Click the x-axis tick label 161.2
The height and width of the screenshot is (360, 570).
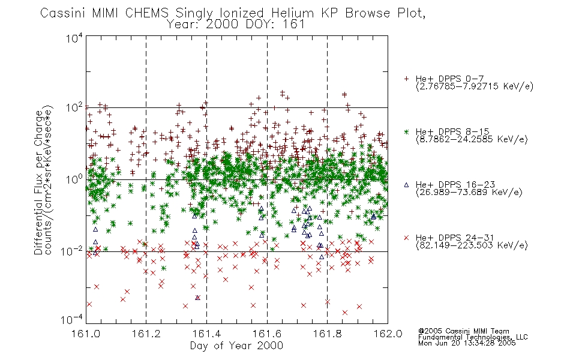pos(146,334)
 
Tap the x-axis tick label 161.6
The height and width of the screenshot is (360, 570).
pos(267,334)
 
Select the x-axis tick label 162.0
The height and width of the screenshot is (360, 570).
pos(388,334)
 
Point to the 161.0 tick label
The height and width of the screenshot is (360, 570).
pos(86,334)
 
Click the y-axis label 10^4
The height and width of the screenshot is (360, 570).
pos(74,38)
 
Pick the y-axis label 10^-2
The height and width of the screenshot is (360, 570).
pos(72,251)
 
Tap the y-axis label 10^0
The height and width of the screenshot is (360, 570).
pos(74,179)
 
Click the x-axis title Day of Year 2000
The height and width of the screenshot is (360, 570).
pos(236,346)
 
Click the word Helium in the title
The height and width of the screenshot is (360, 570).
pos(292,13)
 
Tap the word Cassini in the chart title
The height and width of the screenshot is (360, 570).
pos(62,13)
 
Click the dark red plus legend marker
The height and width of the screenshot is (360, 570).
pos(406,79)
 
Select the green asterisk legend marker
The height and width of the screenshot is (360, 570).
pos(406,131)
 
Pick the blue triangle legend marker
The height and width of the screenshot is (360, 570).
pos(406,185)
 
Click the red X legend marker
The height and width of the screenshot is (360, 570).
pos(406,238)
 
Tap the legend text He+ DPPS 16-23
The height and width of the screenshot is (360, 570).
pos(455,185)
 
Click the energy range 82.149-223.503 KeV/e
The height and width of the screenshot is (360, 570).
pos(472,245)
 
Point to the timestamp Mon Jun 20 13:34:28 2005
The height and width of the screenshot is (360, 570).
pos(467,343)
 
